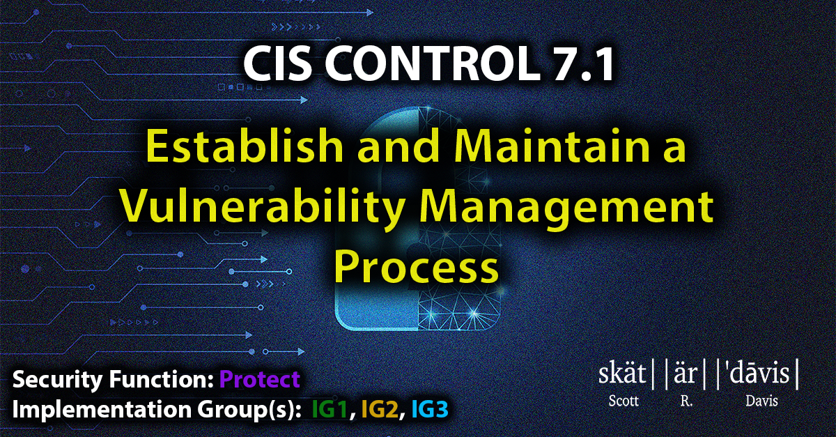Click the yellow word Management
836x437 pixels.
[x=567, y=206]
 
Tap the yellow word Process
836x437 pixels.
[x=417, y=266]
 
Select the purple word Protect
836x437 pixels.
[x=260, y=380]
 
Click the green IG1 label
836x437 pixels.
[x=330, y=409]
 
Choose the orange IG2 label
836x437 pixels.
[x=380, y=409]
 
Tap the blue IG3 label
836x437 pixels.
[x=430, y=409]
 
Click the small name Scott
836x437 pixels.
[x=624, y=401]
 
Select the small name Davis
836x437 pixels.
[x=761, y=401]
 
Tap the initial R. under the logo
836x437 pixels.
[x=686, y=401]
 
